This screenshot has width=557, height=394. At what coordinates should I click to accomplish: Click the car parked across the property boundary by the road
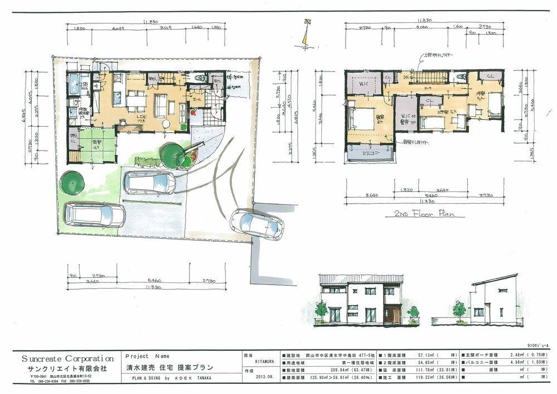[x=256, y=223]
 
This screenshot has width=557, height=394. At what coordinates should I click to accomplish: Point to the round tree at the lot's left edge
[x=71, y=182]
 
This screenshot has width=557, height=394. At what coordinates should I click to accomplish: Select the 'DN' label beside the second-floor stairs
[x=407, y=76]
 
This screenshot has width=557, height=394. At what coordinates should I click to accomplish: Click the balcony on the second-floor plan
[x=369, y=152]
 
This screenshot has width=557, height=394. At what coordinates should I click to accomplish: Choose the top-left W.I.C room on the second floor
[x=363, y=84]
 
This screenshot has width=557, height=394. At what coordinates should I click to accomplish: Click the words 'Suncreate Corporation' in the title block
[x=67, y=358]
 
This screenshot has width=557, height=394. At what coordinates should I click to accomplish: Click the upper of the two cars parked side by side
[x=148, y=182]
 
